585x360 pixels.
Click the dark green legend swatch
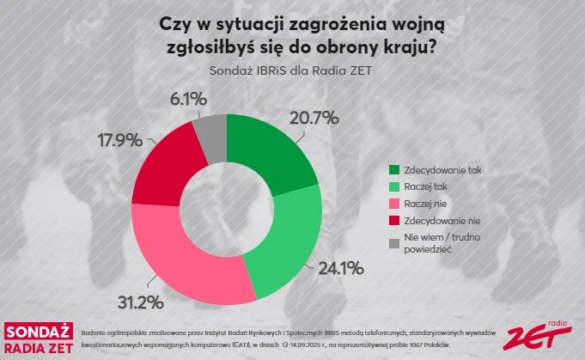[x=395, y=171]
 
